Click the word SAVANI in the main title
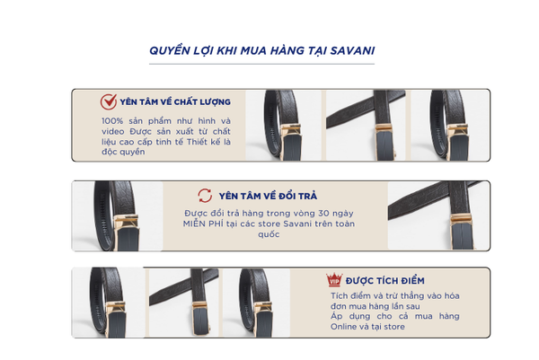[x=352, y=50]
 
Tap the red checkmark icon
[x=109, y=101]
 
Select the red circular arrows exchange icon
[x=205, y=196]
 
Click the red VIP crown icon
[x=334, y=280]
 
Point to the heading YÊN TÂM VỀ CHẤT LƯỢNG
[x=175, y=102]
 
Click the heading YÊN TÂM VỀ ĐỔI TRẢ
[x=268, y=196]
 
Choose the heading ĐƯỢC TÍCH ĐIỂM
[x=385, y=281]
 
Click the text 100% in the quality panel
[x=112, y=121]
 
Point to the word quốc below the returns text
[x=269, y=234]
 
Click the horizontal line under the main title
[x=261, y=64]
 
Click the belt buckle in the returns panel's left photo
[x=127, y=233]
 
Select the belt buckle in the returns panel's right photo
[x=462, y=231]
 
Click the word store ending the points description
[x=394, y=327]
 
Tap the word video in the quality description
[x=113, y=131]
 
